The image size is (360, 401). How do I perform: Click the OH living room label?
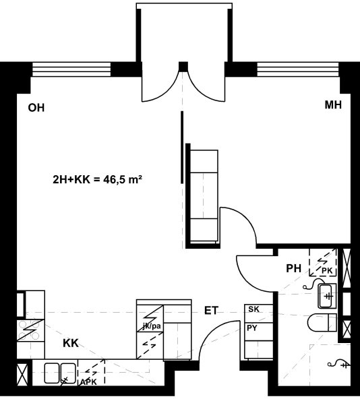click(x=36, y=108)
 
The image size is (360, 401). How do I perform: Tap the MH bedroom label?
click(x=333, y=105)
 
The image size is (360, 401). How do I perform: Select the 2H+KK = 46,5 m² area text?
click(x=97, y=179)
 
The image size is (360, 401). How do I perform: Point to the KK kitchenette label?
click(x=71, y=343)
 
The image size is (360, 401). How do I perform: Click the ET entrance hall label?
click(x=211, y=311)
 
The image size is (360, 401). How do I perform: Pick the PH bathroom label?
click(x=294, y=268)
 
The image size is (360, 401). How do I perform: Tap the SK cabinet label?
click(x=253, y=309)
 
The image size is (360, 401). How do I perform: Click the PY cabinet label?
click(x=252, y=328)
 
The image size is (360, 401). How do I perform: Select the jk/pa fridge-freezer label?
click(x=152, y=326)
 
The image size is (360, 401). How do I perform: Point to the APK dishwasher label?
click(x=88, y=382)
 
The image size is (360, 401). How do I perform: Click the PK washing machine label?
click(x=327, y=271)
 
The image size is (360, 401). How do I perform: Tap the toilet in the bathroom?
click(x=322, y=323)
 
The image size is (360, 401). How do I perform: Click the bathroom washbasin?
click(x=327, y=296)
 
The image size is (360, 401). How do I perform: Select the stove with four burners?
click(x=31, y=330)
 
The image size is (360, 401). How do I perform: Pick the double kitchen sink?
click(x=61, y=373)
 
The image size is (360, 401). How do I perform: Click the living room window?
click(x=71, y=69)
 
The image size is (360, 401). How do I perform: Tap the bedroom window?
click(x=299, y=69)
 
